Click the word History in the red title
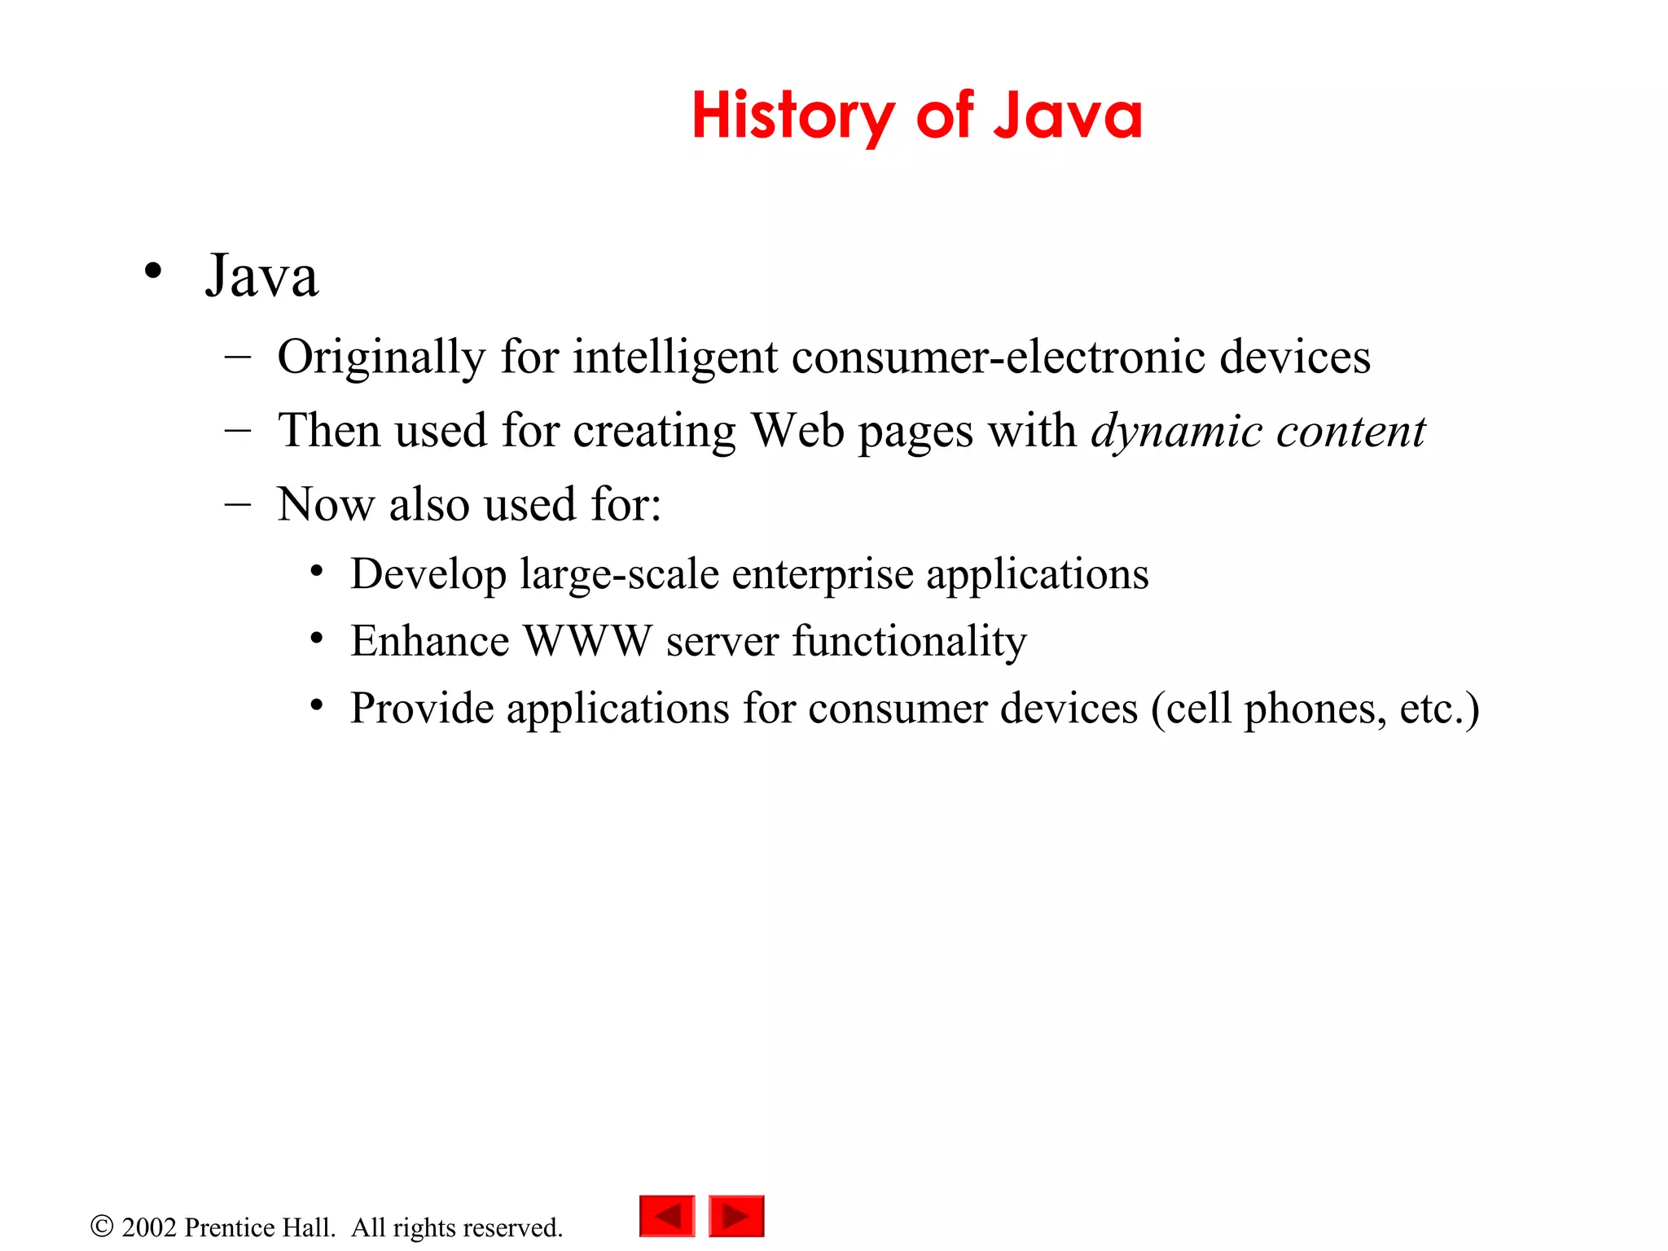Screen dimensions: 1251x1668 click(x=792, y=116)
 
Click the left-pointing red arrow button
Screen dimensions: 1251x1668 click(x=667, y=1216)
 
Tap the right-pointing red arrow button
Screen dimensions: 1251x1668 click(x=736, y=1216)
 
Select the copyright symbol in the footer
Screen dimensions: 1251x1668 click(x=102, y=1226)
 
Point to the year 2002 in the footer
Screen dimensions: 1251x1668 click(x=149, y=1227)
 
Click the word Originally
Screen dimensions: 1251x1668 click(x=381, y=358)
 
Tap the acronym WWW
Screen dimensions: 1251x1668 click(x=587, y=641)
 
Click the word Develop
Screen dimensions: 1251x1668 click(x=428, y=575)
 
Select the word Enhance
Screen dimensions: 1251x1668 click(x=429, y=641)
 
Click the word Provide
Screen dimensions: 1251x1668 click(x=422, y=708)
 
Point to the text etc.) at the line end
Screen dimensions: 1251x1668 click(x=1439, y=708)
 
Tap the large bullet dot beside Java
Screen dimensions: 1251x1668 click(x=152, y=271)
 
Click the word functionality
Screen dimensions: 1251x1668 click(x=909, y=641)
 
